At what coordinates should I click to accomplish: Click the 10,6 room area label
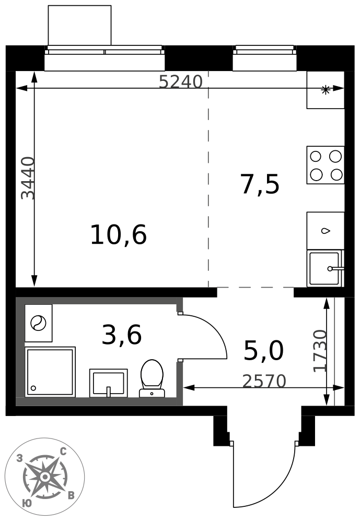click(118, 235)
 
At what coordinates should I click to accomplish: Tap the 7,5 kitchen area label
click(260, 184)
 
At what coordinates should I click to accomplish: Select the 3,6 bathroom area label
click(122, 335)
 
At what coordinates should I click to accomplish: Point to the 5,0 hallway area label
click(264, 351)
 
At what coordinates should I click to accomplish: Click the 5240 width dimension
click(180, 81)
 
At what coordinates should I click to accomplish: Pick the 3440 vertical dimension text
click(28, 178)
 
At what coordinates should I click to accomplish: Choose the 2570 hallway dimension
click(264, 381)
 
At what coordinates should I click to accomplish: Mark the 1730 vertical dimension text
click(320, 351)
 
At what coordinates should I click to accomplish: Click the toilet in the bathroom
click(152, 378)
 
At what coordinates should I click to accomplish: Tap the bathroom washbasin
click(108, 383)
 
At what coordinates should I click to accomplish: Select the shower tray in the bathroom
click(50, 372)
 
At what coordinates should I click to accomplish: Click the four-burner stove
click(326, 165)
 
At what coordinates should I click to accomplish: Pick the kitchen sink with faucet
click(326, 268)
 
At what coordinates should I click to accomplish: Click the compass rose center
click(45, 477)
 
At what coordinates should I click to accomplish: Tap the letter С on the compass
click(63, 452)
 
